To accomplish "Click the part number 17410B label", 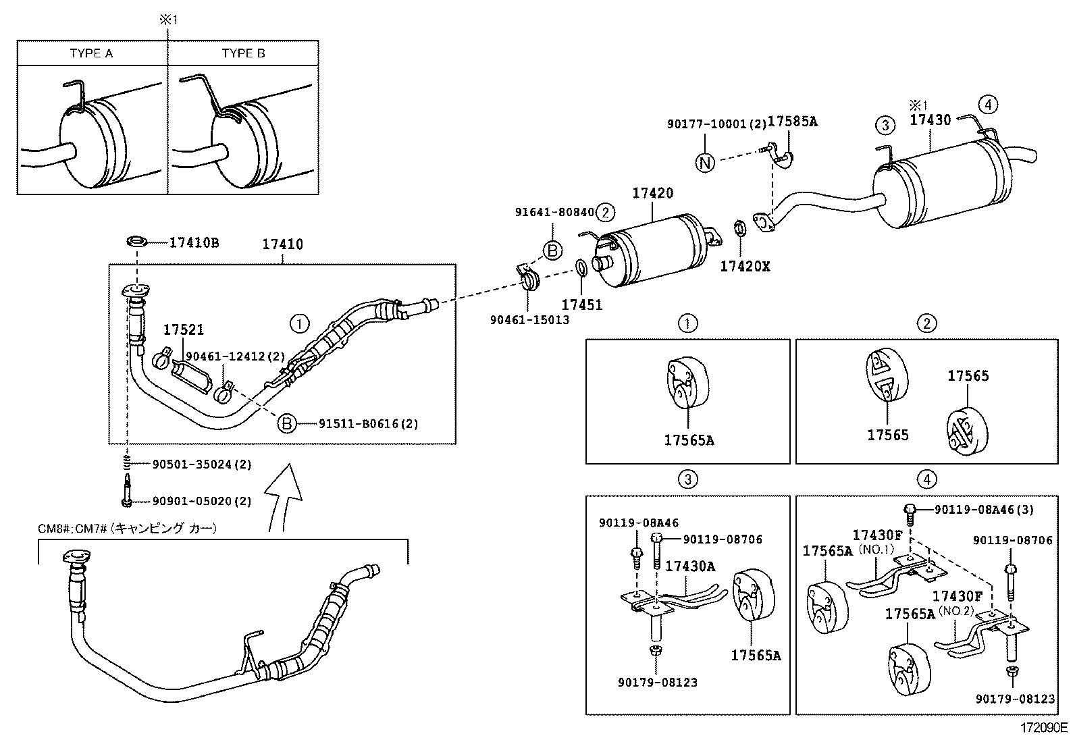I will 194,242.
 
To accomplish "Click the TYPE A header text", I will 91,53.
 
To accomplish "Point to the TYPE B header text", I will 243,53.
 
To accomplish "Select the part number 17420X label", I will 745,266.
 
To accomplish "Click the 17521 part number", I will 183,330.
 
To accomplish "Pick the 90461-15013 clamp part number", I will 529,319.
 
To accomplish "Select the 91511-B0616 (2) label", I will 369,424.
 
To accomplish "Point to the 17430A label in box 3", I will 690,566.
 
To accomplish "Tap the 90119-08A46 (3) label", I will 984,509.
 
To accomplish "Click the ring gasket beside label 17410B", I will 138,242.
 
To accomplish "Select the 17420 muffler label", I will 652,193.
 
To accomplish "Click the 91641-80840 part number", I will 554,212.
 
